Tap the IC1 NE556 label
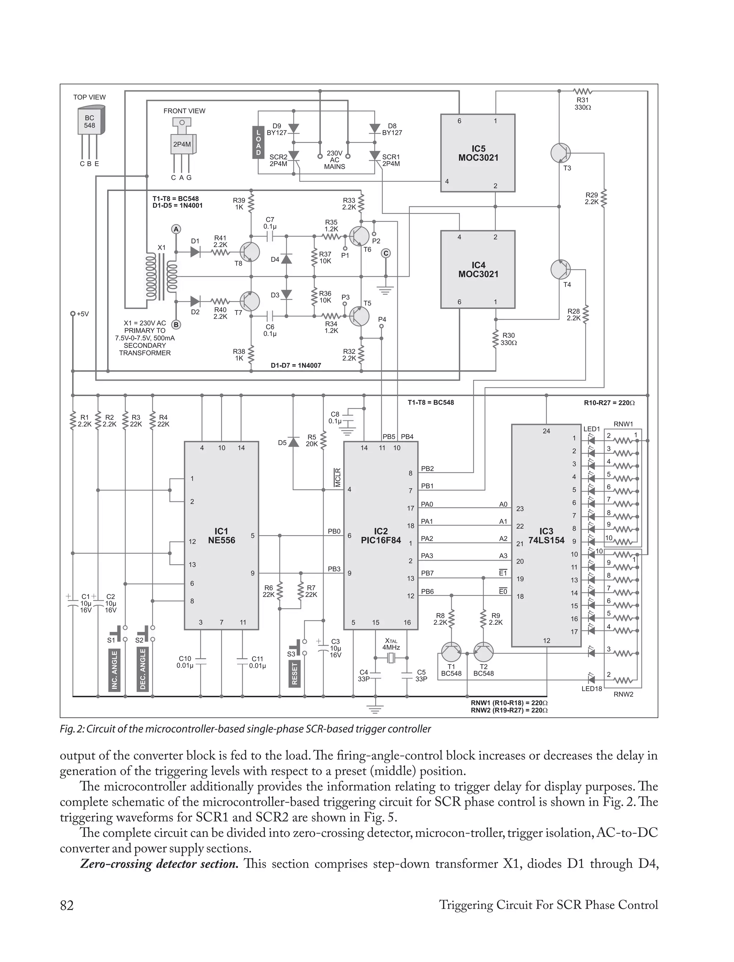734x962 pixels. [221, 535]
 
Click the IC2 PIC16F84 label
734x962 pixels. [381, 535]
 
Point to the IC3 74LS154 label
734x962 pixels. [546, 535]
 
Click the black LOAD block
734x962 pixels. [258, 142]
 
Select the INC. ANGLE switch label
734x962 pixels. [114, 670]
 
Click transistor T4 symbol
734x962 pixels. [561, 270]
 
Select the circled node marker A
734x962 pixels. [176, 229]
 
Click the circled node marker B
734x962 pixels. [176, 325]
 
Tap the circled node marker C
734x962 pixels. [385, 253]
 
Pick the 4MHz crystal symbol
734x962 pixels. [391, 658]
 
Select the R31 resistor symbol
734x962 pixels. [582, 91]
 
